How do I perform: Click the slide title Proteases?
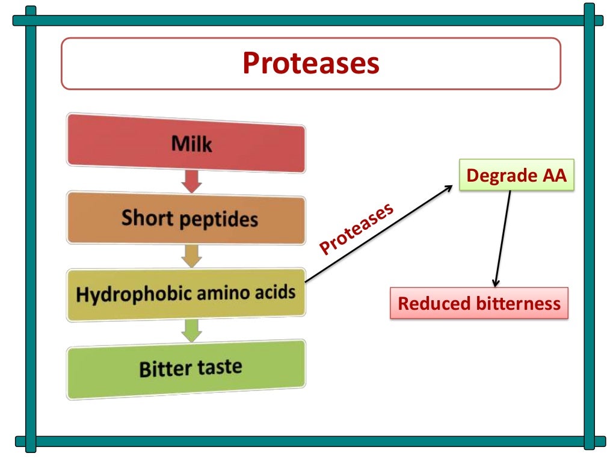310,63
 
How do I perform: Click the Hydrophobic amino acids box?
186,294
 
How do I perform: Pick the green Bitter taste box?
186,368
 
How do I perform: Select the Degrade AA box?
516,175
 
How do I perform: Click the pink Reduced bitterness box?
479,303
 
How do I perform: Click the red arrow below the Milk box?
191,181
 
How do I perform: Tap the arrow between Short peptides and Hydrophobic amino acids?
191,256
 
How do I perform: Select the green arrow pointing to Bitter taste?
191,331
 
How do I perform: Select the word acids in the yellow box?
276,292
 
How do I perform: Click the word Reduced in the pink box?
427,303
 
